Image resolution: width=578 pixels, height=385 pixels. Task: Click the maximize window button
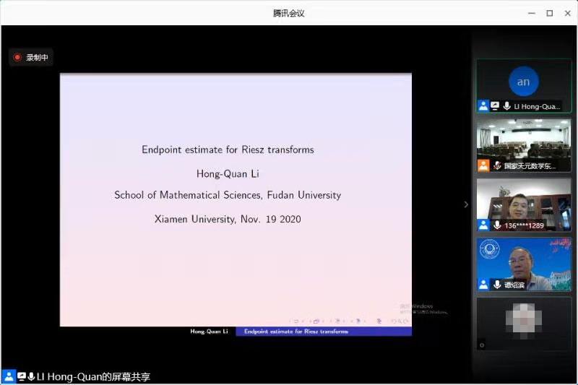point(549,13)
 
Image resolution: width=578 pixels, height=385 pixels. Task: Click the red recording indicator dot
point(17,57)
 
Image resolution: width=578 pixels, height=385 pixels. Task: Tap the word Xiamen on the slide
point(171,219)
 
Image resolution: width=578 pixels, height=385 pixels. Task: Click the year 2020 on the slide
point(288,219)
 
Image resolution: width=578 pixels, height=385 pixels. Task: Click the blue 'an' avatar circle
point(523,82)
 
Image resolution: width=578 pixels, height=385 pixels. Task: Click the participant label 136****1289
point(525,225)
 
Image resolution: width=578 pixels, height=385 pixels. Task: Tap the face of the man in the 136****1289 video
point(519,204)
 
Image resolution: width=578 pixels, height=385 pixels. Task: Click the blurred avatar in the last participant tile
point(523,318)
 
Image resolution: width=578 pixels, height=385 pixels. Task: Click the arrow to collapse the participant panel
point(466,204)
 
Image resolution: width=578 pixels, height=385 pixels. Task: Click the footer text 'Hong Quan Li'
point(209,332)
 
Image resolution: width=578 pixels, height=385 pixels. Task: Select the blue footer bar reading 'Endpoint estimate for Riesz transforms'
point(324,332)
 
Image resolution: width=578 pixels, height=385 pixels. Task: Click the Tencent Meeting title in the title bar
point(288,13)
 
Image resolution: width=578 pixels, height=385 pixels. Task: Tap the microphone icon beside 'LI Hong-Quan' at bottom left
point(32,377)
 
